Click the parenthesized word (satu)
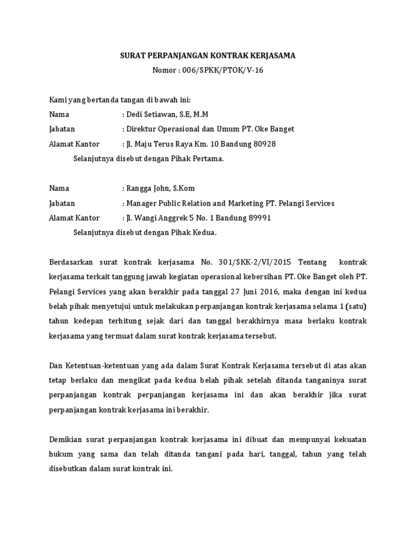click(x=355, y=307)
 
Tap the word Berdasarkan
click(x=71, y=262)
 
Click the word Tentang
click(x=313, y=262)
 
